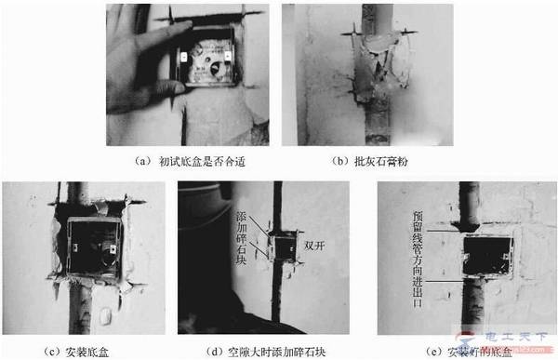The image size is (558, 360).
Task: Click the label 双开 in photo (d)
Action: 311,247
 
